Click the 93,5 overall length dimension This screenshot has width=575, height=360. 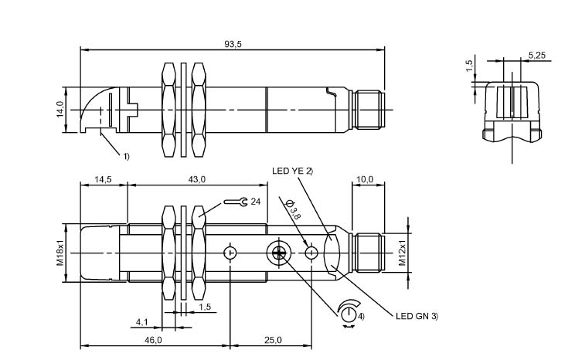(x=233, y=44)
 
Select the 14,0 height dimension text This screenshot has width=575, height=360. (x=60, y=109)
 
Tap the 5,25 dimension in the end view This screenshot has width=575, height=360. (x=537, y=56)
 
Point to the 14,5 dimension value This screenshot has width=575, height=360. (x=103, y=179)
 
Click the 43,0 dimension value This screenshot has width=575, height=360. (x=197, y=179)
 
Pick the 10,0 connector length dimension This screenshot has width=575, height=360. (x=365, y=179)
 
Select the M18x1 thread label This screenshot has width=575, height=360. (x=60, y=253)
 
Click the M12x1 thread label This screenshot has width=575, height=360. (x=402, y=253)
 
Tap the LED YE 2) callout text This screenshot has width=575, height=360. (x=292, y=171)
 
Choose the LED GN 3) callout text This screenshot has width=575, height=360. (x=417, y=316)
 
